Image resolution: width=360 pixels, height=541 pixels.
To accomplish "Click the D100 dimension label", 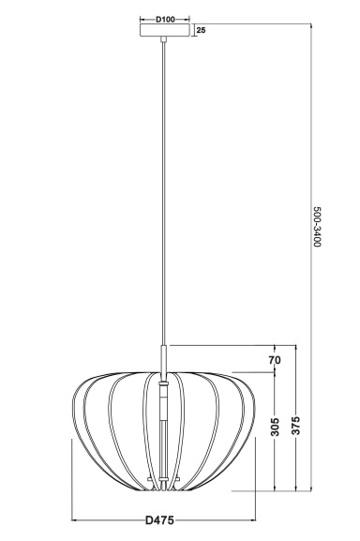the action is pos(165,20).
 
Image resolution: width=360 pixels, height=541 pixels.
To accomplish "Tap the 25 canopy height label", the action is pos(201,30).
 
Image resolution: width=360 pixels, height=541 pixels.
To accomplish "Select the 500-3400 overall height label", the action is pos(317,227).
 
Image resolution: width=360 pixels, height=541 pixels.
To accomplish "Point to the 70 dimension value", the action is pos(275,360).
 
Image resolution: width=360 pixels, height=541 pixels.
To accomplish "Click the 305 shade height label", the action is pos(276,427).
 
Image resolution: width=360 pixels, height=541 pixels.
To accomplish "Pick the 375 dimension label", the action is pos(296,425).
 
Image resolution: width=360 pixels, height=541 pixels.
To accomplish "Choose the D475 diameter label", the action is pos(159,520).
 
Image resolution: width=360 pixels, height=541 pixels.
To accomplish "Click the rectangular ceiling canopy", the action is pos(164,30).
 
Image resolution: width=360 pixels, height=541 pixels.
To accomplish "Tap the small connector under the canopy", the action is pos(164,39).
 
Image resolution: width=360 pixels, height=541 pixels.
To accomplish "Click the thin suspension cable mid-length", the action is pos(164,193).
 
